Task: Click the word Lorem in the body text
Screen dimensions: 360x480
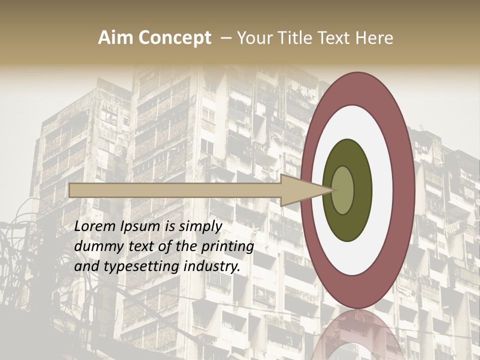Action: click(x=95, y=226)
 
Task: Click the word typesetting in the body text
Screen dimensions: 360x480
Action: click(x=142, y=267)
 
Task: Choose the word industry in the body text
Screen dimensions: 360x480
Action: click(x=212, y=266)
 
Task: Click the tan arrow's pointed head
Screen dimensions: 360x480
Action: click(x=305, y=190)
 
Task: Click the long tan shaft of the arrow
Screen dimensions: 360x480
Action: click(x=175, y=190)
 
